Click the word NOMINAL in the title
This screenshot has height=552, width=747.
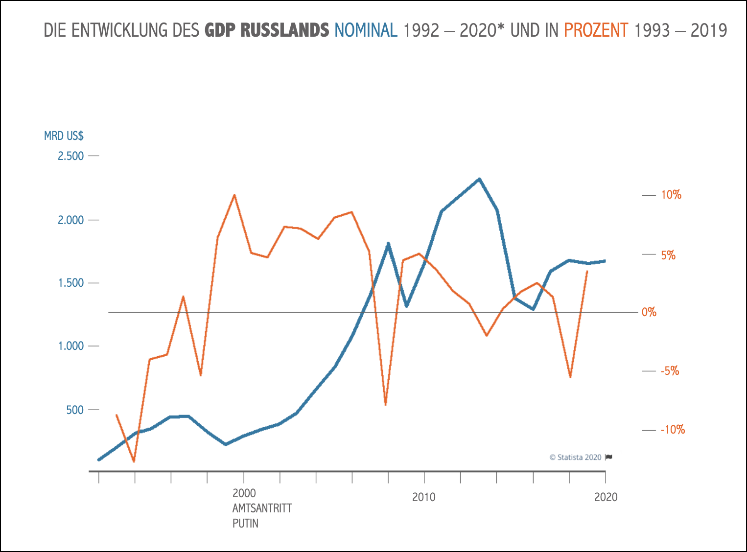click(x=366, y=30)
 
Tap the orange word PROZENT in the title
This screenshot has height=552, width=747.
click(x=596, y=30)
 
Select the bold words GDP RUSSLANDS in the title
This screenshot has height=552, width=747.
click(x=267, y=30)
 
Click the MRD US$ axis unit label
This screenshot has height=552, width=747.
click(x=64, y=136)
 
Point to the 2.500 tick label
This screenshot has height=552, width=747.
click(x=71, y=156)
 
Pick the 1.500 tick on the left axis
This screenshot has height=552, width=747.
click(x=71, y=283)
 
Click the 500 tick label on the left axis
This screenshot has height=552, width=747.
click(x=75, y=410)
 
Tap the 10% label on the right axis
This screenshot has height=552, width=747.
click(x=671, y=195)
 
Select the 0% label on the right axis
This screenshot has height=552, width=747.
click(x=649, y=312)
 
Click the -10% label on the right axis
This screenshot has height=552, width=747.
click(x=673, y=430)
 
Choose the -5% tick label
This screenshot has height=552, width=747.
click(x=670, y=371)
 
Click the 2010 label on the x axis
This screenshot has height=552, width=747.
click(x=424, y=498)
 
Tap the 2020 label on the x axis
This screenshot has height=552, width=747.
click(x=606, y=498)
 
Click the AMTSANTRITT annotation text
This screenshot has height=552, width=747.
click(x=262, y=508)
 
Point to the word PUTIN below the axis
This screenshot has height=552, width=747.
click(x=245, y=524)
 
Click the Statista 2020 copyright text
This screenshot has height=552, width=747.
click(x=576, y=458)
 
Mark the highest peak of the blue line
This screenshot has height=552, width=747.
click(x=479, y=179)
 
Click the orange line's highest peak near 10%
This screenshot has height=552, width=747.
click(x=234, y=195)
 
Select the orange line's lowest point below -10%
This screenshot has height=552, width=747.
click(x=134, y=461)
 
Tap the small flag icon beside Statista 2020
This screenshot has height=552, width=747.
click(x=609, y=458)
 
